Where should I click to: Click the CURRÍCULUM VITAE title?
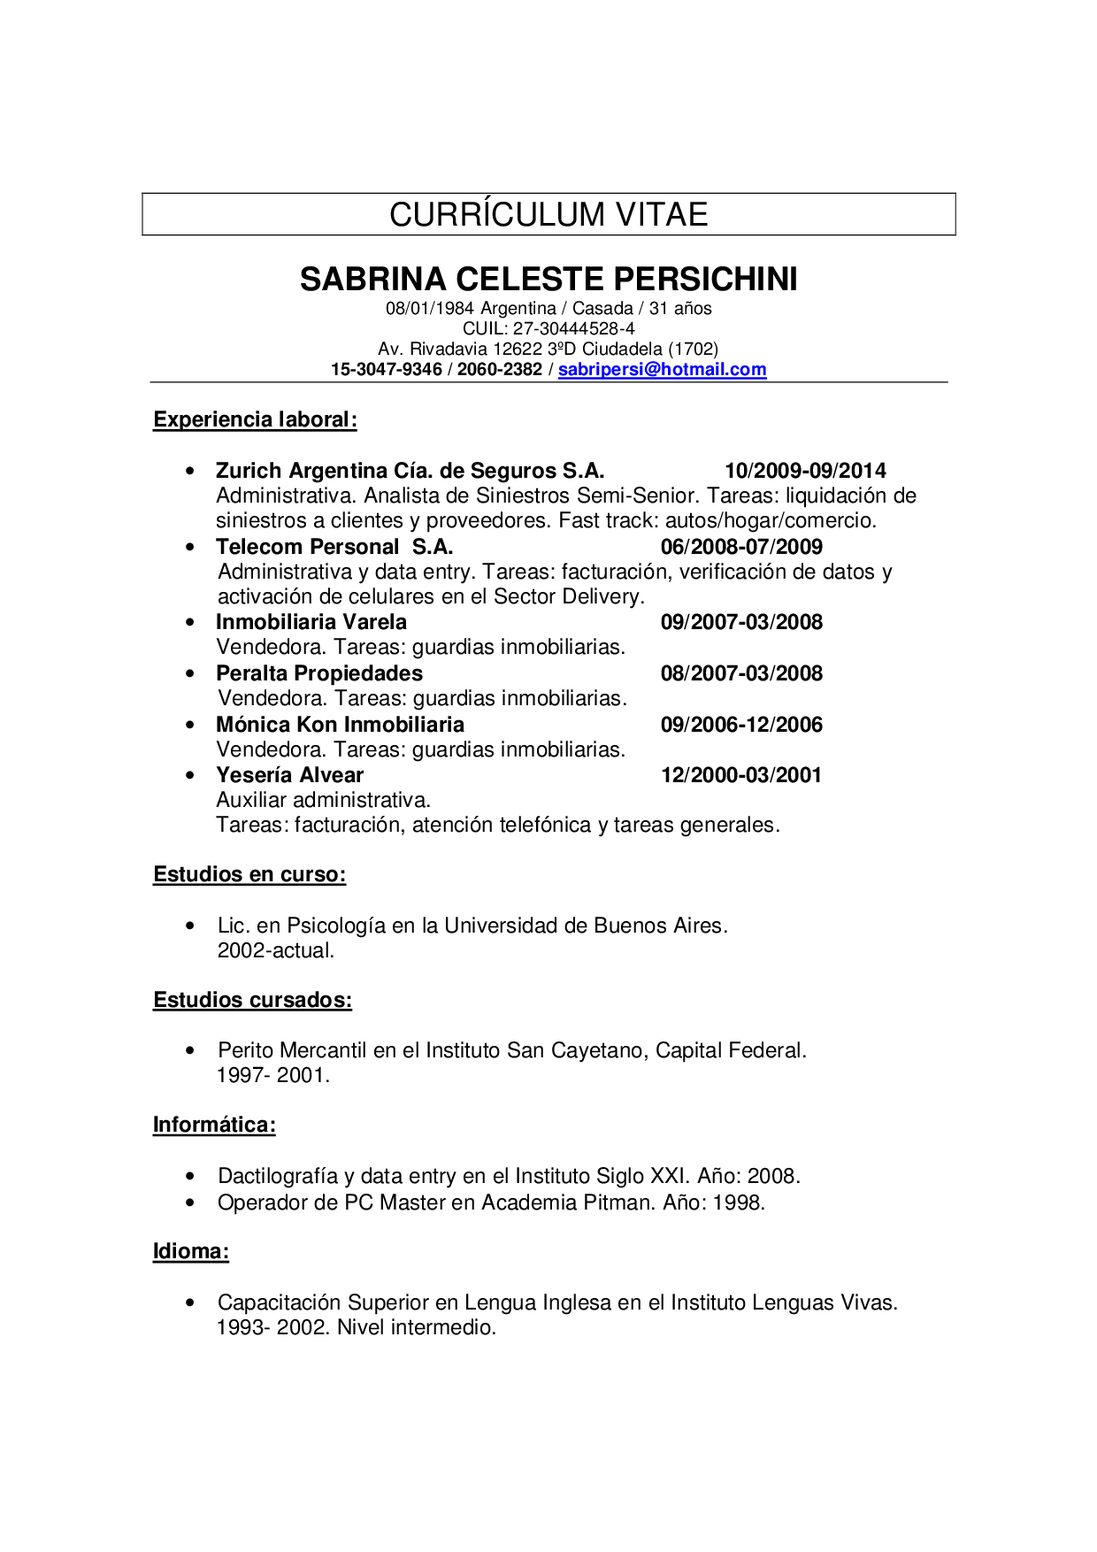(x=548, y=214)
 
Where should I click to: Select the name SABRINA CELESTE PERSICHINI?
(x=548, y=279)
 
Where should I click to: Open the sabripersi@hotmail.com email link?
(x=662, y=370)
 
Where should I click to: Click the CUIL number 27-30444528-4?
(x=574, y=328)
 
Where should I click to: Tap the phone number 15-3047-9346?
(x=387, y=370)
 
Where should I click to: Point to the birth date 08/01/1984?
(x=430, y=309)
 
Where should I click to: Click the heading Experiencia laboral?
(x=255, y=419)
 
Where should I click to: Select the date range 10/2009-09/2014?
(x=805, y=471)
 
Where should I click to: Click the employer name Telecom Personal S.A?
(x=334, y=547)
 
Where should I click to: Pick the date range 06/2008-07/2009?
(x=741, y=547)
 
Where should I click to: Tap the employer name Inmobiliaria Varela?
(x=311, y=622)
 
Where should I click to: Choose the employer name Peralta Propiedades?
(x=319, y=673)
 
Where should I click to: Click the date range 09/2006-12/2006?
(x=741, y=725)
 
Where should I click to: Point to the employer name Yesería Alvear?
(x=290, y=775)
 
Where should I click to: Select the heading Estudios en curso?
(x=249, y=874)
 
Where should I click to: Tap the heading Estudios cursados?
(x=252, y=1000)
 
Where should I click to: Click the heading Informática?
(x=214, y=1125)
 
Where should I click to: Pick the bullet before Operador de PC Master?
(x=190, y=1202)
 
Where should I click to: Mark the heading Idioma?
(x=191, y=1251)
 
